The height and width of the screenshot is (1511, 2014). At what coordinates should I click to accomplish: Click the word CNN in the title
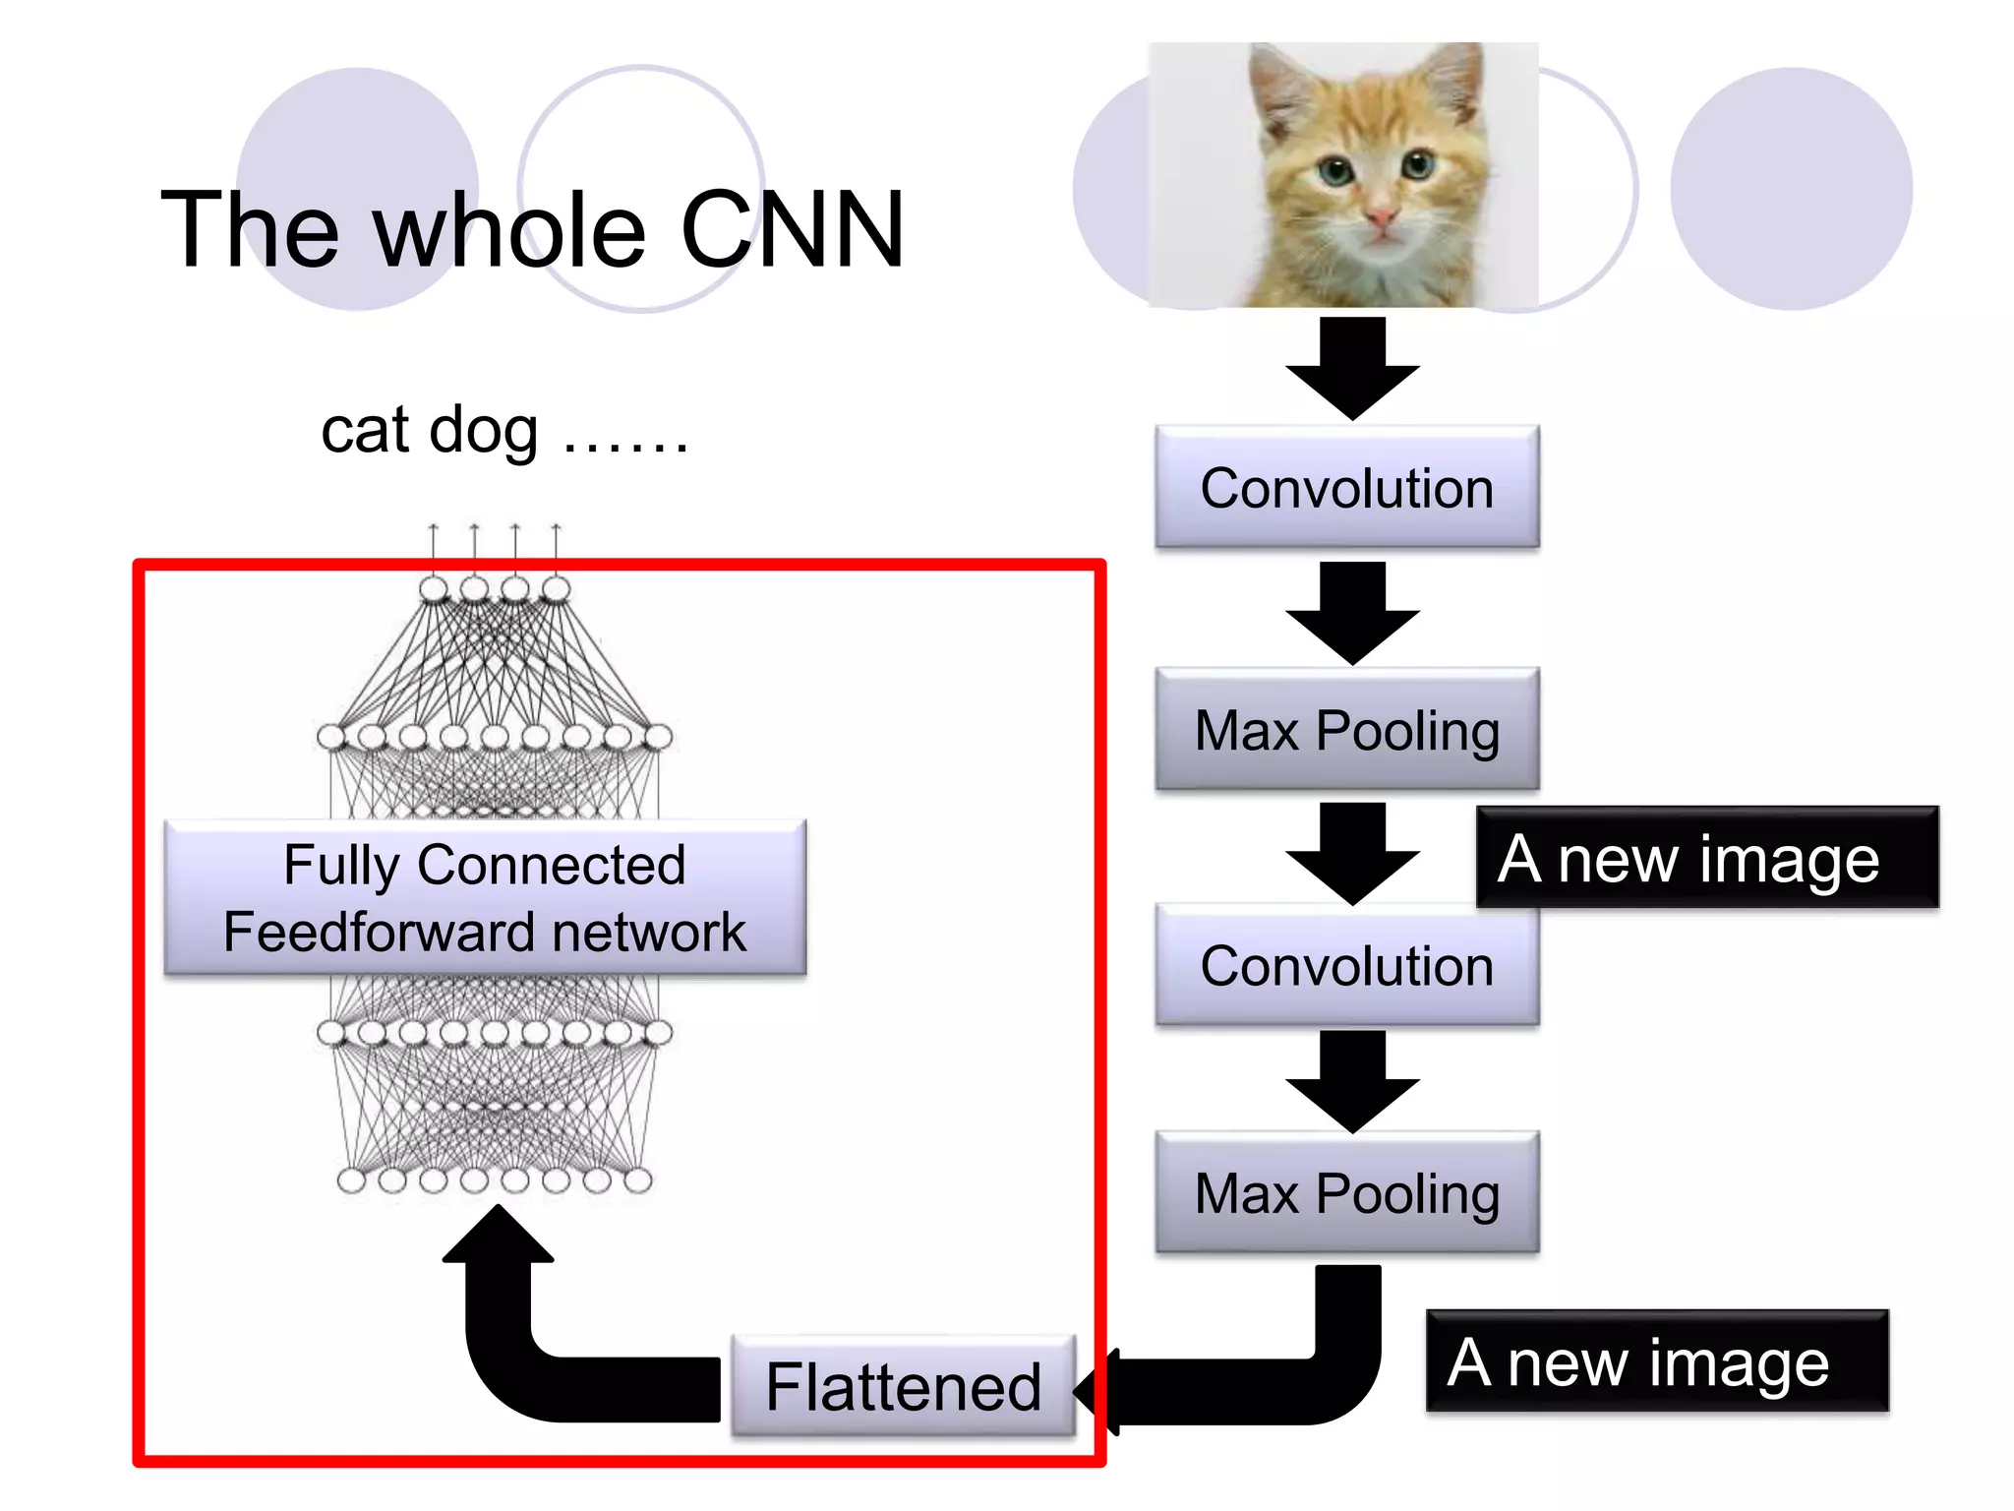pyautogui.click(x=792, y=231)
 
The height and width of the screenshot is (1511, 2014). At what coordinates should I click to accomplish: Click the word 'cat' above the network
pyautogui.click(x=365, y=432)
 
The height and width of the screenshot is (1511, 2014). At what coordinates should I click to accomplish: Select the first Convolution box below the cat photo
pyautogui.click(x=1346, y=488)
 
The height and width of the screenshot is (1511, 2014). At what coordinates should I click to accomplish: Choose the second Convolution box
pyautogui.click(x=1346, y=965)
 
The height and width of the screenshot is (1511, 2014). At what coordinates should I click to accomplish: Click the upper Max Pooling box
pyautogui.click(x=1346, y=730)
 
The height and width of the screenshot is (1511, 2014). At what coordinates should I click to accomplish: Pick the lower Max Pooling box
pyautogui.click(x=1346, y=1192)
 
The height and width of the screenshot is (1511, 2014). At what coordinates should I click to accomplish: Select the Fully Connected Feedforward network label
pyautogui.click(x=485, y=897)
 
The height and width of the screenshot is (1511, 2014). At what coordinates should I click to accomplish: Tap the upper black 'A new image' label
pyautogui.click(x=1706, y=858)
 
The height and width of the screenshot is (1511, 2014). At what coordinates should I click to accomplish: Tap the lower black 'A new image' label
pyautogui.click(x=1656, y=1361)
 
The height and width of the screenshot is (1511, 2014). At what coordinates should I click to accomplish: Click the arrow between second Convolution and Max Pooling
pyautogui.click(x=1352, y=1080)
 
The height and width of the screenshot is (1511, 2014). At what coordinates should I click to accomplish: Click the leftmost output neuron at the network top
pyautogui.click(x=434, y=589)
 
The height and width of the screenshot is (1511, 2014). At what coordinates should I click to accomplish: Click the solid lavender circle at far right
pyautogui.click(x=1790, y=189)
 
